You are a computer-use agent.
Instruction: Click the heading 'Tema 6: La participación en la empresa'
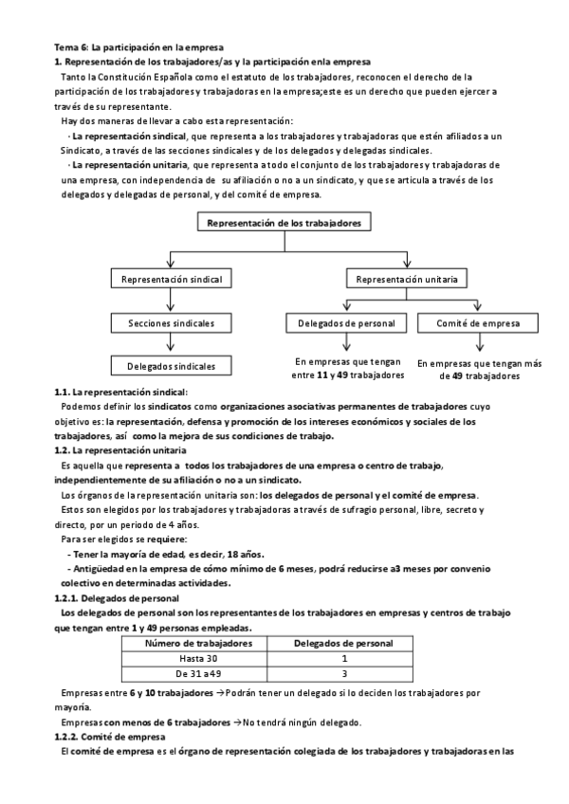coord(138,46)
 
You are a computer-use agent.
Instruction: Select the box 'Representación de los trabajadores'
coord(284,223)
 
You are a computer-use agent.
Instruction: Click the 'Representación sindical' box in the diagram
coord(171,280)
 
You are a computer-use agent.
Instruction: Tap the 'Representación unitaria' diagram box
coord(406,280)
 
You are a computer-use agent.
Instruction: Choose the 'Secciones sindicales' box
coord(171,323)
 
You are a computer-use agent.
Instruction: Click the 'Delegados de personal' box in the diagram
coord(347,323)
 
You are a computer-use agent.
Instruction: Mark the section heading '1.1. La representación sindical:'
coord(121,393)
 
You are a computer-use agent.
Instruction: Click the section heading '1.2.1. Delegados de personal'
coord(117,598)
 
